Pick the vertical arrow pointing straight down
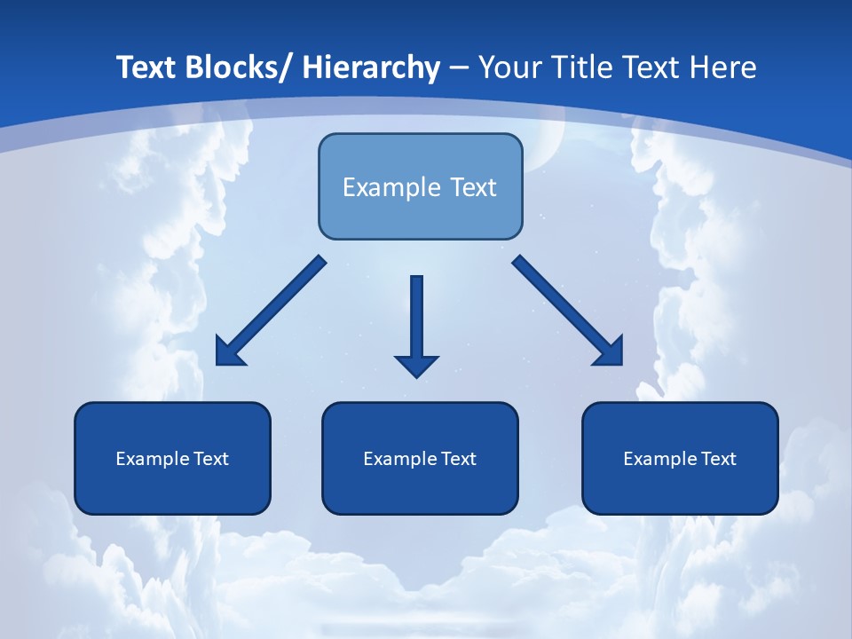pos(416,319)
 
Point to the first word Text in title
pos(146,67)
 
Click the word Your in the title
pos(509,67)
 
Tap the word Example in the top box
pos(391,187)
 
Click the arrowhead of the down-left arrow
pos(229,352)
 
